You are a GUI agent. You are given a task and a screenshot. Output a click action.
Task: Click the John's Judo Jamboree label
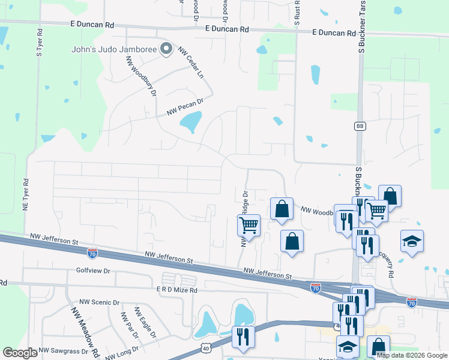tap(114, 49)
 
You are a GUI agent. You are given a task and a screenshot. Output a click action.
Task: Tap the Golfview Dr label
tap(94, 271)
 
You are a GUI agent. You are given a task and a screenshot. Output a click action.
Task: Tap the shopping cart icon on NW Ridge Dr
tap(249, 226)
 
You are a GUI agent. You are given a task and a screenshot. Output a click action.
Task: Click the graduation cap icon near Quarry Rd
tap(412, 241)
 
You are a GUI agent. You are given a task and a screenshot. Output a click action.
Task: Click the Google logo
tap(20, 353)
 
